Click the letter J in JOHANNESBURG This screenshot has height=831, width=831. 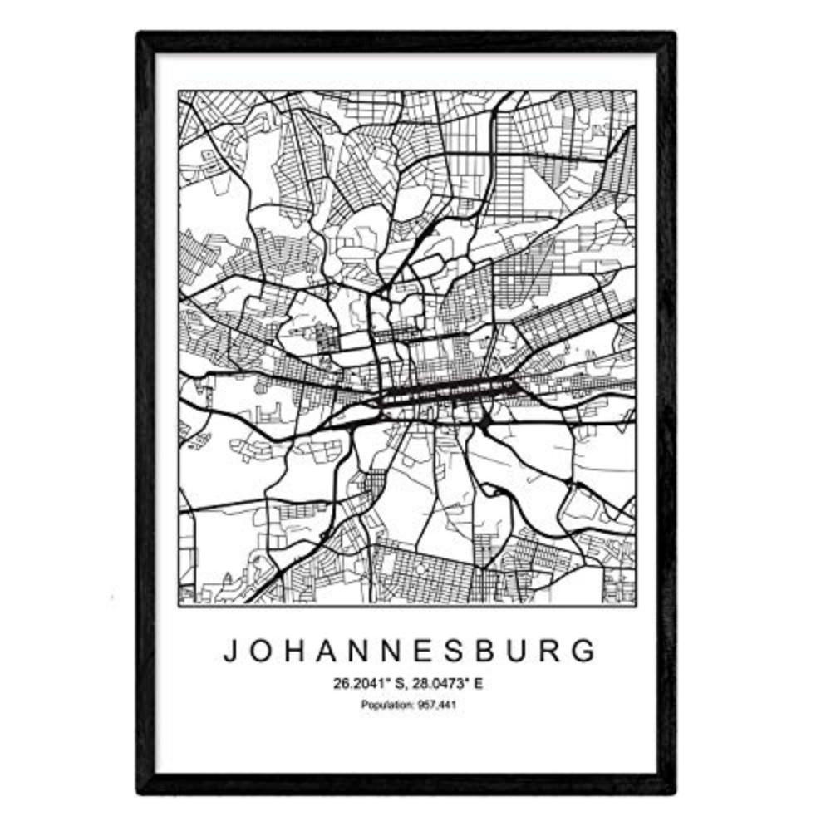click(230, 651)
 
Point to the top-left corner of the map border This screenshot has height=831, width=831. click(179, 91)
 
